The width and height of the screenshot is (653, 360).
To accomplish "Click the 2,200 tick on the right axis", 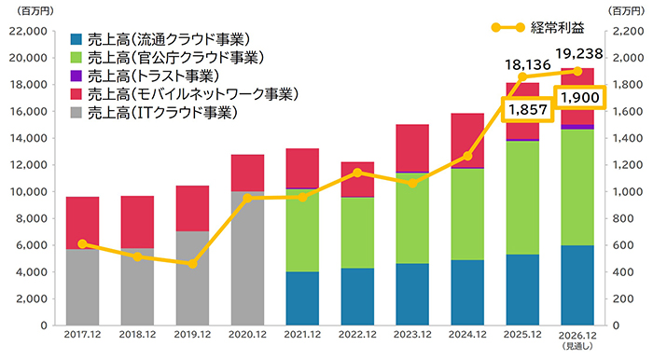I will pos(626,31).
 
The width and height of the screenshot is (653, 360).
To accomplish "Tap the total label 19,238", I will pos(580,52).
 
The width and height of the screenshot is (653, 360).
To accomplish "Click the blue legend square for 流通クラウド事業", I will pos(77,40).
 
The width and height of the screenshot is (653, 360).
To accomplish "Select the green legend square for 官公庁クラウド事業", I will pos(77,58).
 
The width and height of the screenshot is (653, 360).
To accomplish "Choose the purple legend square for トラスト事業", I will pos(77,76).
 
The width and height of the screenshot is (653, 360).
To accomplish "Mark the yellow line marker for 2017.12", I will pos(83,243).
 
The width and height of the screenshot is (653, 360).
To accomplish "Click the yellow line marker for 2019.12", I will pos(192,264).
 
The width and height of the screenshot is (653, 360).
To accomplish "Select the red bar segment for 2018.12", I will pos(137,222).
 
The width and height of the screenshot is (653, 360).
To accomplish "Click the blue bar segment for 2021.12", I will pos(302,298).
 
